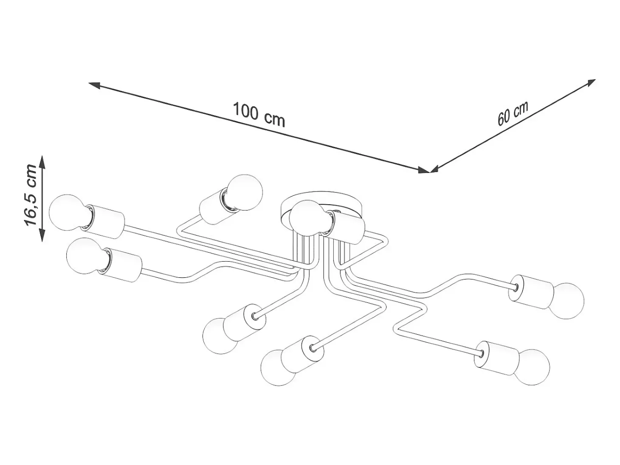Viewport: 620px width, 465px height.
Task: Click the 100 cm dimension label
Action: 259,115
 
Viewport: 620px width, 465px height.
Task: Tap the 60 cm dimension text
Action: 513,113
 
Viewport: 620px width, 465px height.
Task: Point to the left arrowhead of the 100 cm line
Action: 95,85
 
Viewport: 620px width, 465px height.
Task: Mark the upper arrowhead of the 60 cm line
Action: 590,83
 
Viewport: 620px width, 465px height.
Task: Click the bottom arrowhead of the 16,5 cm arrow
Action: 42,235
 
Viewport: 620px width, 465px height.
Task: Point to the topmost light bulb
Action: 245,192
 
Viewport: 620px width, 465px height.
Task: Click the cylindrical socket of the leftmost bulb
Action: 104,221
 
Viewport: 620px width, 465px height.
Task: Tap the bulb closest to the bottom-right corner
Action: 532,367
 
